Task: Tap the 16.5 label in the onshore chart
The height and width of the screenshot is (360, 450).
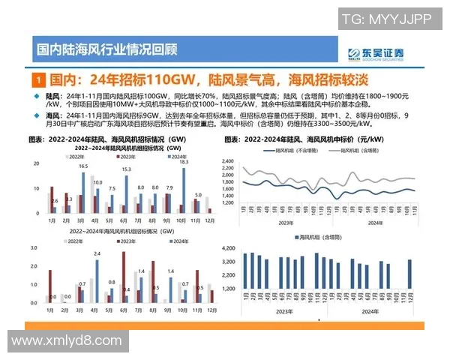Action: click(83, 166)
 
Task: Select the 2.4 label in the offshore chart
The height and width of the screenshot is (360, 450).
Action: click(97, 254)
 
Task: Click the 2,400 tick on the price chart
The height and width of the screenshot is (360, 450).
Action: click(229, 160)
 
